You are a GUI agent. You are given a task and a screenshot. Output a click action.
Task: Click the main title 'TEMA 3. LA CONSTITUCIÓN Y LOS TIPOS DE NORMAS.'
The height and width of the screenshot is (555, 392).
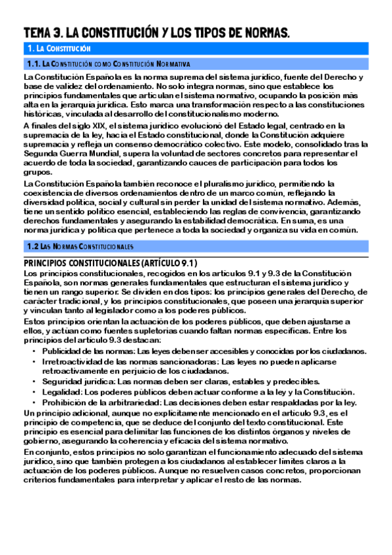[156, 33]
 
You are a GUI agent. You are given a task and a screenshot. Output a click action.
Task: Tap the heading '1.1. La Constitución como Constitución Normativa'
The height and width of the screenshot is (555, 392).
[109, 64]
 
